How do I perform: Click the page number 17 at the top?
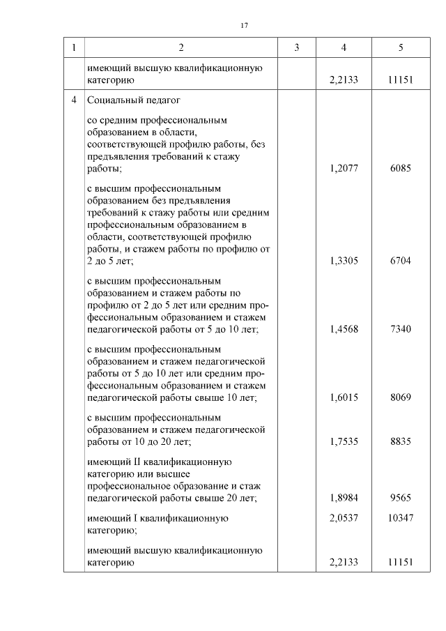point(244,26)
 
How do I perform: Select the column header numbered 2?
point(181,47)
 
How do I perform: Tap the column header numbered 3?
point(296,47)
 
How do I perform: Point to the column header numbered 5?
point(401,47)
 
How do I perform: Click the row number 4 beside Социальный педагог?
point(73,100)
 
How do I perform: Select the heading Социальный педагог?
point(125,100)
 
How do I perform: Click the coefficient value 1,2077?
point(344,169)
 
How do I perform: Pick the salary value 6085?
point(401,169)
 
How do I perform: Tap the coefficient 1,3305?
point(344,261)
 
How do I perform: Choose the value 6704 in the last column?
point(401,261)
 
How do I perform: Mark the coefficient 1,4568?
point(344,329)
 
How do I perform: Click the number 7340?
point(401,329)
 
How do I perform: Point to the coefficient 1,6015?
point(344,397)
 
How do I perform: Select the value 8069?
point(401,397)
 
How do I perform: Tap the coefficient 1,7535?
point(344,441)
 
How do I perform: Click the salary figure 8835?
point(401,441)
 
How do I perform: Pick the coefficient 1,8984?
point(344,498)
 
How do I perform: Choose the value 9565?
point(401,498)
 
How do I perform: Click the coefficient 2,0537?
point(344,519)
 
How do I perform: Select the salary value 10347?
point(401,519)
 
